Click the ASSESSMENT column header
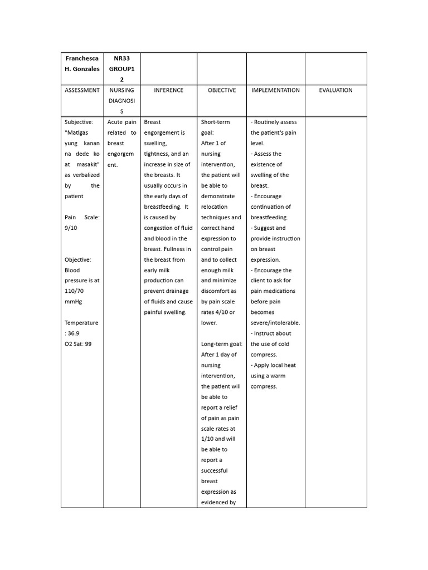(82, 90)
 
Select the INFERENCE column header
(168, 90)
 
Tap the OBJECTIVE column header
(222, 90)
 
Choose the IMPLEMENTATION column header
(275, 90)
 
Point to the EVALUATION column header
(335, 90)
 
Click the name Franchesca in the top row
(82, 58)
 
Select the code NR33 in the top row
(122, 58)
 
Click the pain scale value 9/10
(72, 228)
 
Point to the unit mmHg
(74, 302)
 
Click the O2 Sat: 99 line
(78, 344)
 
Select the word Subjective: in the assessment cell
(79, 122)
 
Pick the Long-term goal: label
(222, 344)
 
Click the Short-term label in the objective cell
(215, 122)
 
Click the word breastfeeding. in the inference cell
(162, 207)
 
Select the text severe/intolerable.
(275, 323)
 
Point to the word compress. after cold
(264, 355)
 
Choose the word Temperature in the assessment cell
(81, 323)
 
